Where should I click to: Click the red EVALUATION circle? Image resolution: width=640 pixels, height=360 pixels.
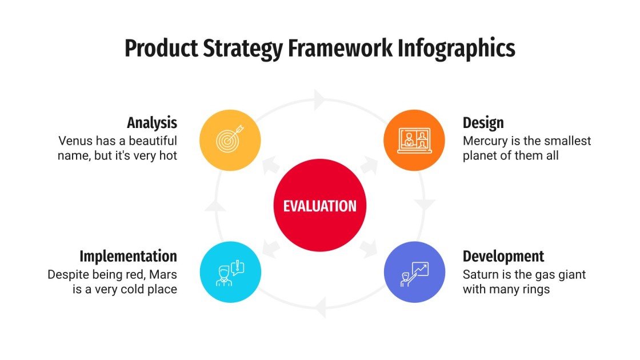coord(319,206)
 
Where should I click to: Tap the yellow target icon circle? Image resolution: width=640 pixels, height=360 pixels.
coord(230,140)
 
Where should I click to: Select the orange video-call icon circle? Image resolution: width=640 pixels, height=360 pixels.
coord(414,140)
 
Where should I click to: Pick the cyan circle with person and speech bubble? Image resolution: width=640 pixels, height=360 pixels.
coord(230,272)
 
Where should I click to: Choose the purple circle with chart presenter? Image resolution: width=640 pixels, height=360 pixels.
coord(414,272)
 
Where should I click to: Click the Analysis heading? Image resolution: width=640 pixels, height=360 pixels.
coord(151,123)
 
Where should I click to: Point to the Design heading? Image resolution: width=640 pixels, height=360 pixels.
coord(483,123)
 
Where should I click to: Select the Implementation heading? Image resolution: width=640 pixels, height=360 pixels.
coord(128,256)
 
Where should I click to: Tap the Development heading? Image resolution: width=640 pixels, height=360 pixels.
coord(503,256)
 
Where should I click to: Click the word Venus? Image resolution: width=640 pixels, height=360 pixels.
coord(74,141)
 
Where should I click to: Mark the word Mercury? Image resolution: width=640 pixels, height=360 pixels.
coord(484,141)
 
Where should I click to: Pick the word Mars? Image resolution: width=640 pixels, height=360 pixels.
coord(165,274)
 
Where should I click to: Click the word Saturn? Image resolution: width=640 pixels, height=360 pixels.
coord(479,274)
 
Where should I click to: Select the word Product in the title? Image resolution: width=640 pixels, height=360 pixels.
coord(161,49)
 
